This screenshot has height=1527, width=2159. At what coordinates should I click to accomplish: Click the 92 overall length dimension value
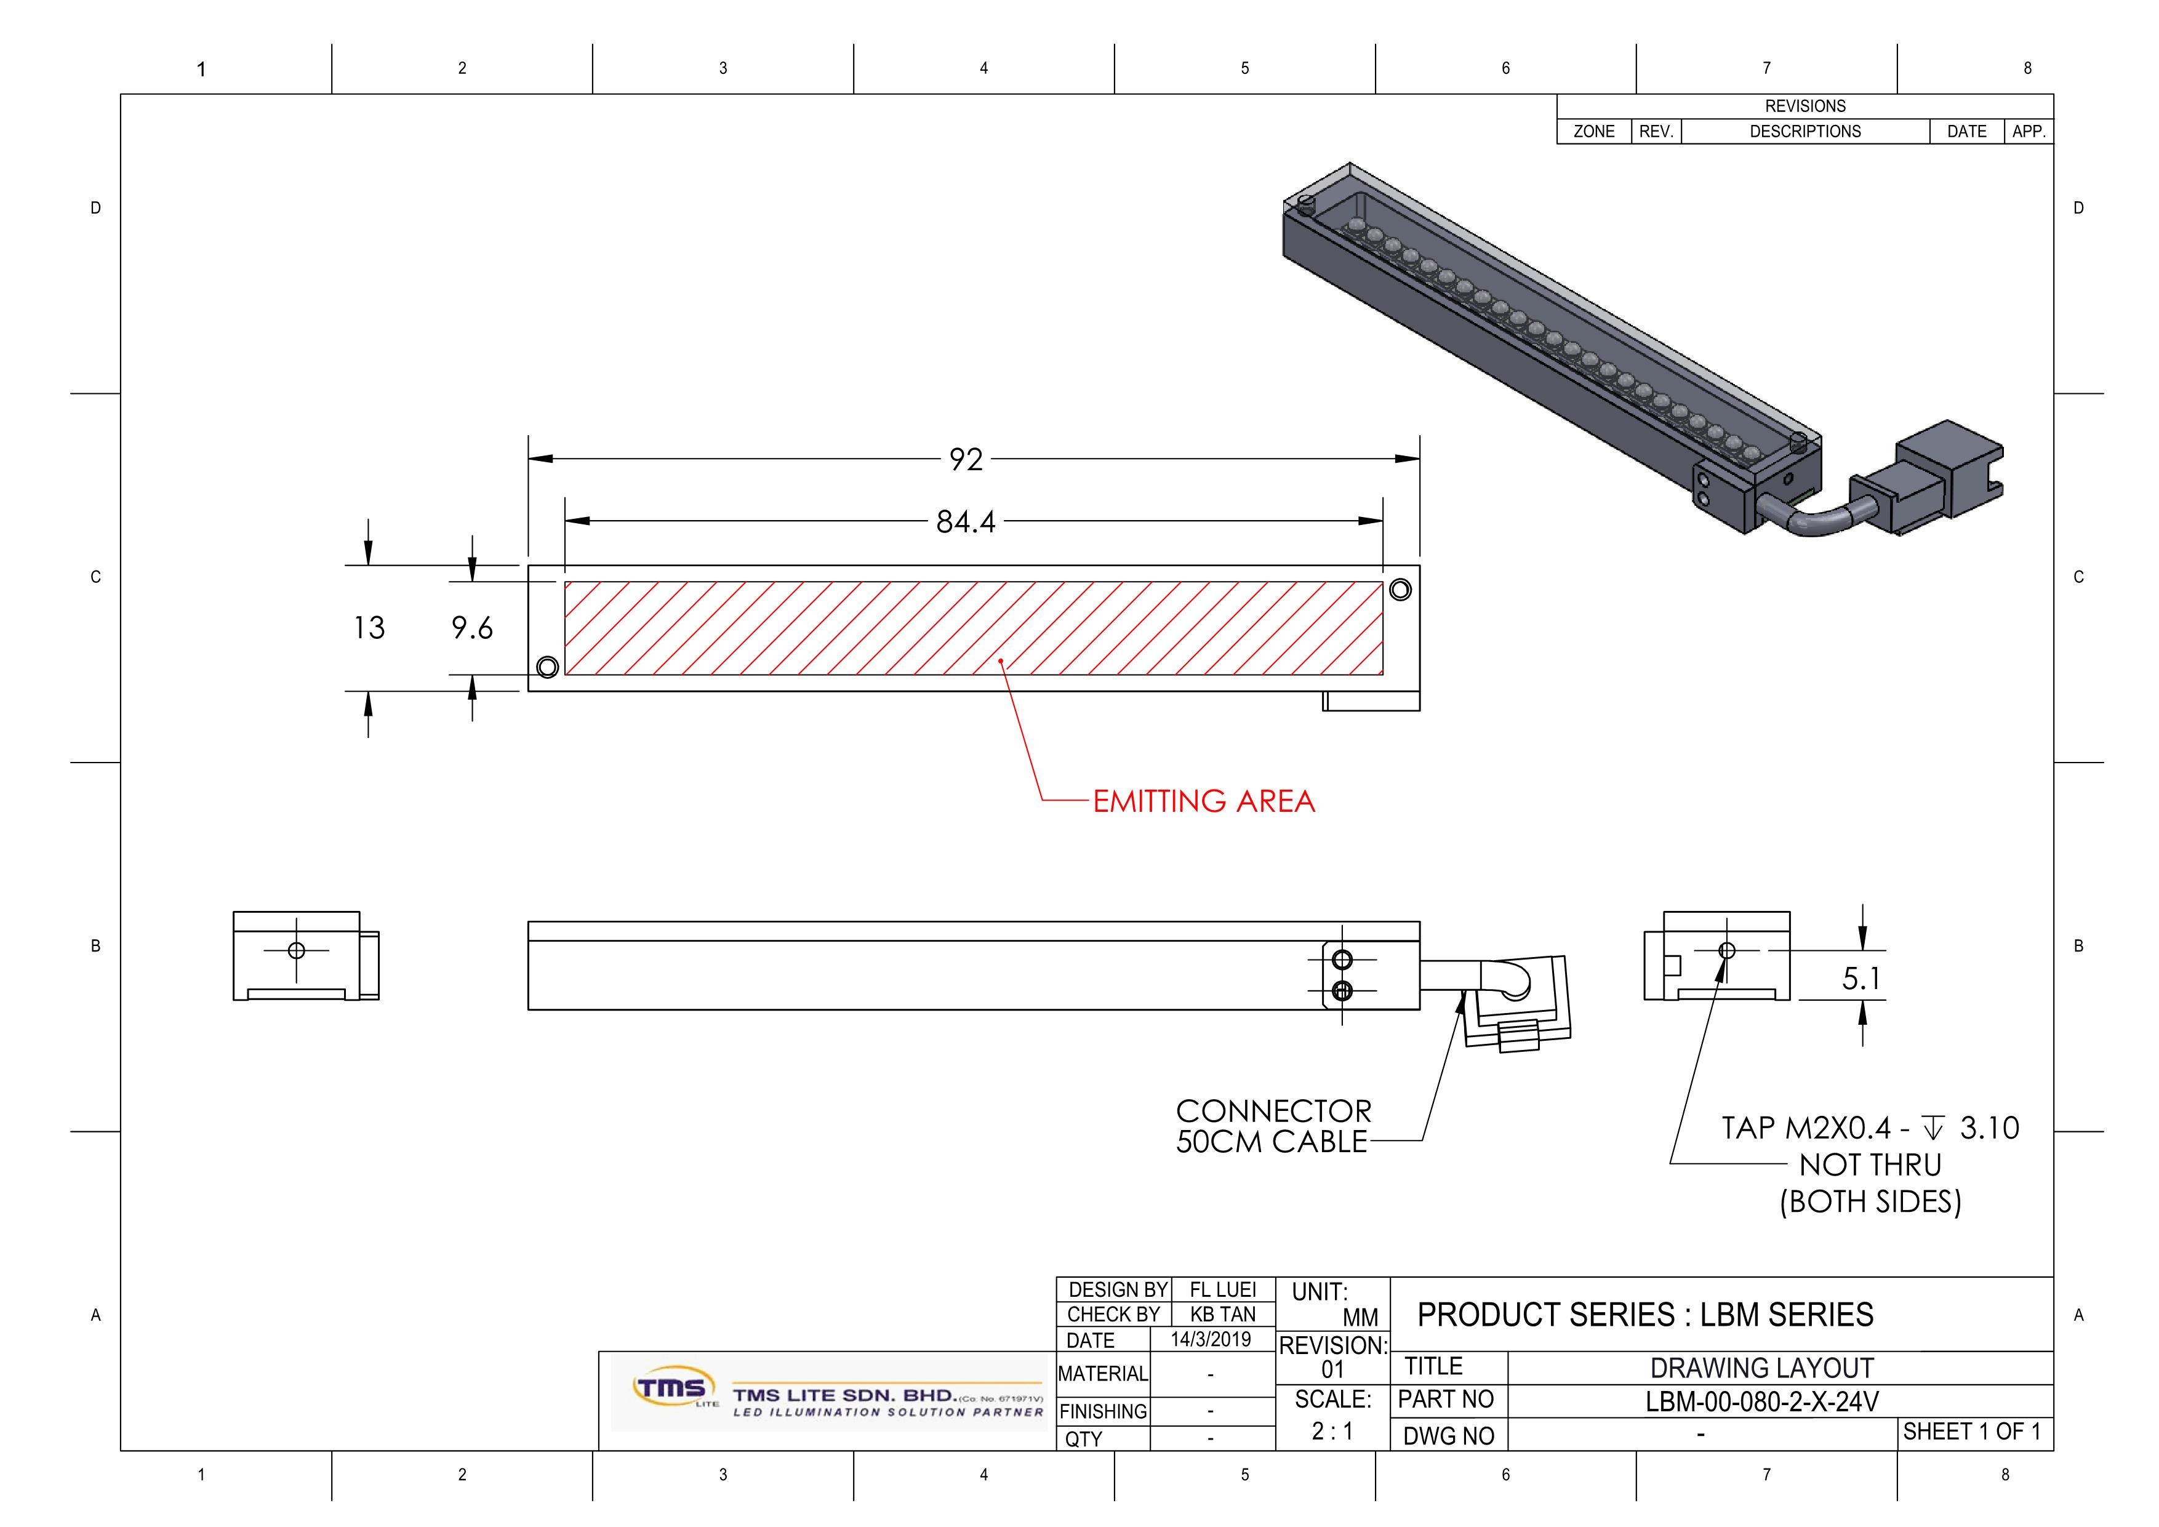pyautogui.click(x=966, y=459)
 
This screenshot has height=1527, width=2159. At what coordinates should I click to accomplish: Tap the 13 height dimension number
pyautogui.click(x=369, y=627)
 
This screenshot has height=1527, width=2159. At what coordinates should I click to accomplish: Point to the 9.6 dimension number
pyautogui.click(x=472, y=627)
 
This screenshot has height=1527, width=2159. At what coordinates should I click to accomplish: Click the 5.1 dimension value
pyautogui.click(x=1861, y=979)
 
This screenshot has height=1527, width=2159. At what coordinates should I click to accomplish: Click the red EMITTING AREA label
pyautogui.click(x=1204, y=801)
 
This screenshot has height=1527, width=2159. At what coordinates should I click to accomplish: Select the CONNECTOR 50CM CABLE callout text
pyautogui.click(x=1274, y=1126)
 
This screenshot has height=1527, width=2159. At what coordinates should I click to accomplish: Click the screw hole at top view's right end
pyautogui.click(x=1400, y=590)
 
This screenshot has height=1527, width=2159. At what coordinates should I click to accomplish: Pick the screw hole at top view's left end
pyautogui.click(x=547, y=667)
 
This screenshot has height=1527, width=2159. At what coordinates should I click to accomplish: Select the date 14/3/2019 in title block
pyautogui.click(x=1211, y=1339)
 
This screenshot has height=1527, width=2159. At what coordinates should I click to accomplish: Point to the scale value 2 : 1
pyautogui.click(x=1332, y=1431)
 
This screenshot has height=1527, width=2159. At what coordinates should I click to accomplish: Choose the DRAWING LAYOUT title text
pyautogui.click(x=1761, y=1368)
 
